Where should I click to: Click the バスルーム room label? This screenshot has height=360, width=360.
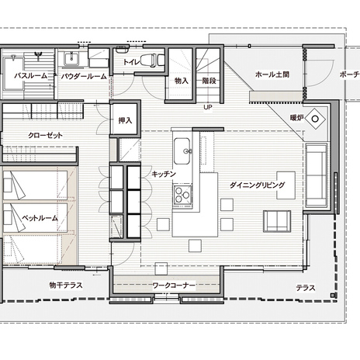point(31,76)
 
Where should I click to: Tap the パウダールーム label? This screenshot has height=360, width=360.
point(84,77)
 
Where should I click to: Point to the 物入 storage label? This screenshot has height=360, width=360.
point(182,81)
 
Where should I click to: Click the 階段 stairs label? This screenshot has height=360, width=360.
point(209,81)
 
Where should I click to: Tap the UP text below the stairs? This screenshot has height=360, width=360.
point(208,107)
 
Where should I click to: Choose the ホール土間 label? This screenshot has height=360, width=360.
point(272,74)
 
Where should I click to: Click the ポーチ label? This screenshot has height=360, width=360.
point(349,74)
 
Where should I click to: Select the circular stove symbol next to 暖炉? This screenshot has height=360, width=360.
point(315,119)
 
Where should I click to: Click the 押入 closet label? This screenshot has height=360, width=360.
point(125,120)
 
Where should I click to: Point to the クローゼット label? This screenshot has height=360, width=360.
point(45,135)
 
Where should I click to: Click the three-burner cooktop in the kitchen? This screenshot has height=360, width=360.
point(182,195)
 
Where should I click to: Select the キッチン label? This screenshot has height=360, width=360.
point(164,174)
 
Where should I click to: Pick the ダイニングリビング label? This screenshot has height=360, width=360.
point(258,185)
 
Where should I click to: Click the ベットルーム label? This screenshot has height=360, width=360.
point(40,218)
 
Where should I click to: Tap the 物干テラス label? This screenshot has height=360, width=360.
point(66,286)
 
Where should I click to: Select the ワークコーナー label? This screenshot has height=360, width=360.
point(174,286)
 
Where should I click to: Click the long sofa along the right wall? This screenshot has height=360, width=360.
point(316,175)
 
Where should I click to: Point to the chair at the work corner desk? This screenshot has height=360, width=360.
point(161,268)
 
